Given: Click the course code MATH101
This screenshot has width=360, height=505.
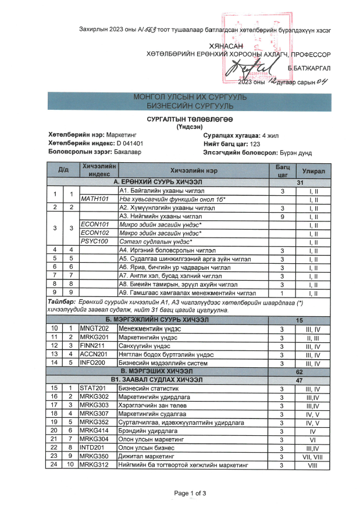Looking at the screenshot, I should (x=94, y=199).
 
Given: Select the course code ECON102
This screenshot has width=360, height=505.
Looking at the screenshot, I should (x=94, y=232).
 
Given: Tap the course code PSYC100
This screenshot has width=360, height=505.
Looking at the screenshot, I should (x=94, y=241).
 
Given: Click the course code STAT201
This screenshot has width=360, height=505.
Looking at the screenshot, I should (x=94, y=389).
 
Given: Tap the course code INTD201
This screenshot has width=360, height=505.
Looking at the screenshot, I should (x=94, y=448).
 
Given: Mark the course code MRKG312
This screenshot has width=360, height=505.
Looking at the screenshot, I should (x=94, y=465).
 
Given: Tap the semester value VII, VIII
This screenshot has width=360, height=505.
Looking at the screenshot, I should (x=313, y=457).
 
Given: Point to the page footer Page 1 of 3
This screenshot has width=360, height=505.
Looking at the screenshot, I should (x=190, y=493).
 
